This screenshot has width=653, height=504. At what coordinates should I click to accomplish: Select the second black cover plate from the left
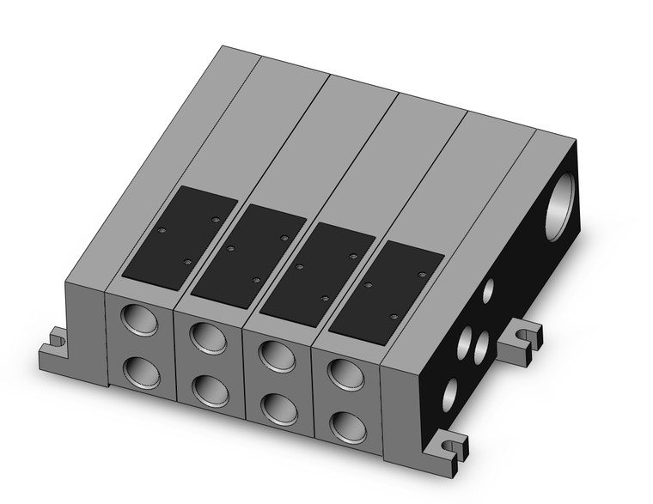pos(249,251)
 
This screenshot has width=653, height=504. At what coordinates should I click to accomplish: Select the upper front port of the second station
pos(208,337)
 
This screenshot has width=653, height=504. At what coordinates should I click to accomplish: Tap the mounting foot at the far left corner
pos(54,348)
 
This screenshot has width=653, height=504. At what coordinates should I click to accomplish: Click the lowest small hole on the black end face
pos(449,395)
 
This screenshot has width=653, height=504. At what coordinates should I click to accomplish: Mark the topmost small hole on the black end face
pos(488,291)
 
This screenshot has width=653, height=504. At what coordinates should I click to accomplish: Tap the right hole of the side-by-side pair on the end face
pos(482,346)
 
